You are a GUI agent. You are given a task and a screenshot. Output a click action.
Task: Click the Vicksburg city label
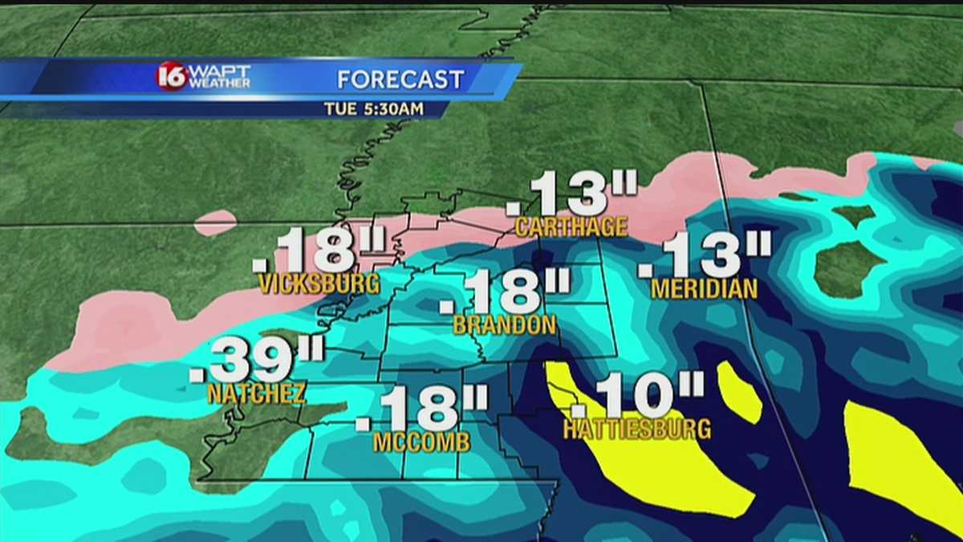pyautogui.click(x=319, y=283)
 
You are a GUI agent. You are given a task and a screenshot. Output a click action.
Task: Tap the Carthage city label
pyautogui.click(x=571, y=227)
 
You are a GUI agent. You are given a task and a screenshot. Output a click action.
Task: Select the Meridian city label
pyautogui.click(x=704, y=289)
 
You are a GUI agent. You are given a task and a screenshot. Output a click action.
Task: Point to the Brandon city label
pyautogui.click(x=504, y=325)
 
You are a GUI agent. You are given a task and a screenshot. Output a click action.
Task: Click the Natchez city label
pyautogui.click(x=256, y=394)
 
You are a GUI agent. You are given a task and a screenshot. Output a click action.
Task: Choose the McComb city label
pyautogui.click(x=421, y=442)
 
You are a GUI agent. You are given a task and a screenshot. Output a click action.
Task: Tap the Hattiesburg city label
pyautogui.click(x=636, y=429)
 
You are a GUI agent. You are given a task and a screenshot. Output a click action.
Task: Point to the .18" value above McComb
pyautogui.click(x=422, y=409)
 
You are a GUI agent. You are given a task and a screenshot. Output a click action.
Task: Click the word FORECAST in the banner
pyautogui.click(x=400, y=79)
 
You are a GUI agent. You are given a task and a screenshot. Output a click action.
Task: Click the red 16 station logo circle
pyautogui.click(x=171, y=76)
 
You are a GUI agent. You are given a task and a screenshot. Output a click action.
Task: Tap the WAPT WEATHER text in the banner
pyautogui.click(x=220, y=76)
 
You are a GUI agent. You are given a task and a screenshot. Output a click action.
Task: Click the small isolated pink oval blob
pyautogui.click(x=215, y=222)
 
